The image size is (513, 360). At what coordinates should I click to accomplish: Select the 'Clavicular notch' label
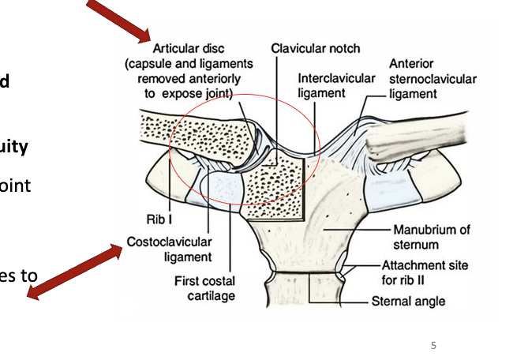(x=315, y=48)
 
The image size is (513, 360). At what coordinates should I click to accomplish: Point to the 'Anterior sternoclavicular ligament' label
(x=432, y=79)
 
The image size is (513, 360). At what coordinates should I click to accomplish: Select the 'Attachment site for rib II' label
(x=425, y=272)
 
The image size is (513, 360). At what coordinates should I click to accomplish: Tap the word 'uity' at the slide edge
(x=14, y=147)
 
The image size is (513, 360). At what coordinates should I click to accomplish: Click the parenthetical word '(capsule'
(x=149, y=63)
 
